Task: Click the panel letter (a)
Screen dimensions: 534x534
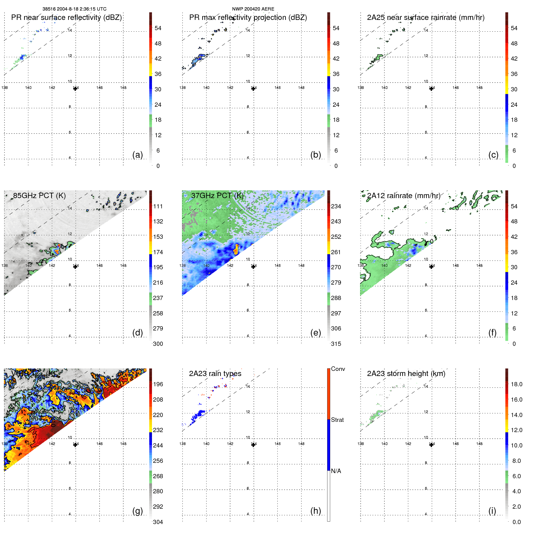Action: coord(137,155)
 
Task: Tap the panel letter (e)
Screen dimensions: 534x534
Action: coord(315,333)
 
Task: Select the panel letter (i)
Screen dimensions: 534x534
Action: coord(492,511)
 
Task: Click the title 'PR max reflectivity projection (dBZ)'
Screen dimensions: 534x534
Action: coord(248,17)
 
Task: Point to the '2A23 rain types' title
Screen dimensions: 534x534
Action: coord(215,374)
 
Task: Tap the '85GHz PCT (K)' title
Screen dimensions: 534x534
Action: coord(39,196)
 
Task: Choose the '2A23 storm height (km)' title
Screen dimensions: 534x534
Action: coord(406,374)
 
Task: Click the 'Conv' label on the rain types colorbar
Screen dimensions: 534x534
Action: coord(338,369)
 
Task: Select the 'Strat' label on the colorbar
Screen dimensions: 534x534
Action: coord(337,420)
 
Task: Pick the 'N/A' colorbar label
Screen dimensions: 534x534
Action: coord(336,471)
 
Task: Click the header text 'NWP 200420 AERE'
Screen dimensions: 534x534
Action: coord(253,9)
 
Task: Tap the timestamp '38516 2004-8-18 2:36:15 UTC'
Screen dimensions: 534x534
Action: coord(74,9)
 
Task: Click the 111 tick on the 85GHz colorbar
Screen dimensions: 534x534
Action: coord(158,206)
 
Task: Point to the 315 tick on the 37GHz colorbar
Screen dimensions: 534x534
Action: coord(336,344)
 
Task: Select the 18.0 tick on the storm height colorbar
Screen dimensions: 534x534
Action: coord(516,384)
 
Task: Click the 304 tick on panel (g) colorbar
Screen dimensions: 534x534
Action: coord(158,522)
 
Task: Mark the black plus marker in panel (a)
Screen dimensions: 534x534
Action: coord(75,88)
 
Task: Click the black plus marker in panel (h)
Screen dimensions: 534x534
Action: coord(253,444)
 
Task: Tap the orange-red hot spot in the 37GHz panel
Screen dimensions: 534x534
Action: coord(236,249)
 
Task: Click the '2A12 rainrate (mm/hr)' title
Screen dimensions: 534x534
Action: coord(403,196)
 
